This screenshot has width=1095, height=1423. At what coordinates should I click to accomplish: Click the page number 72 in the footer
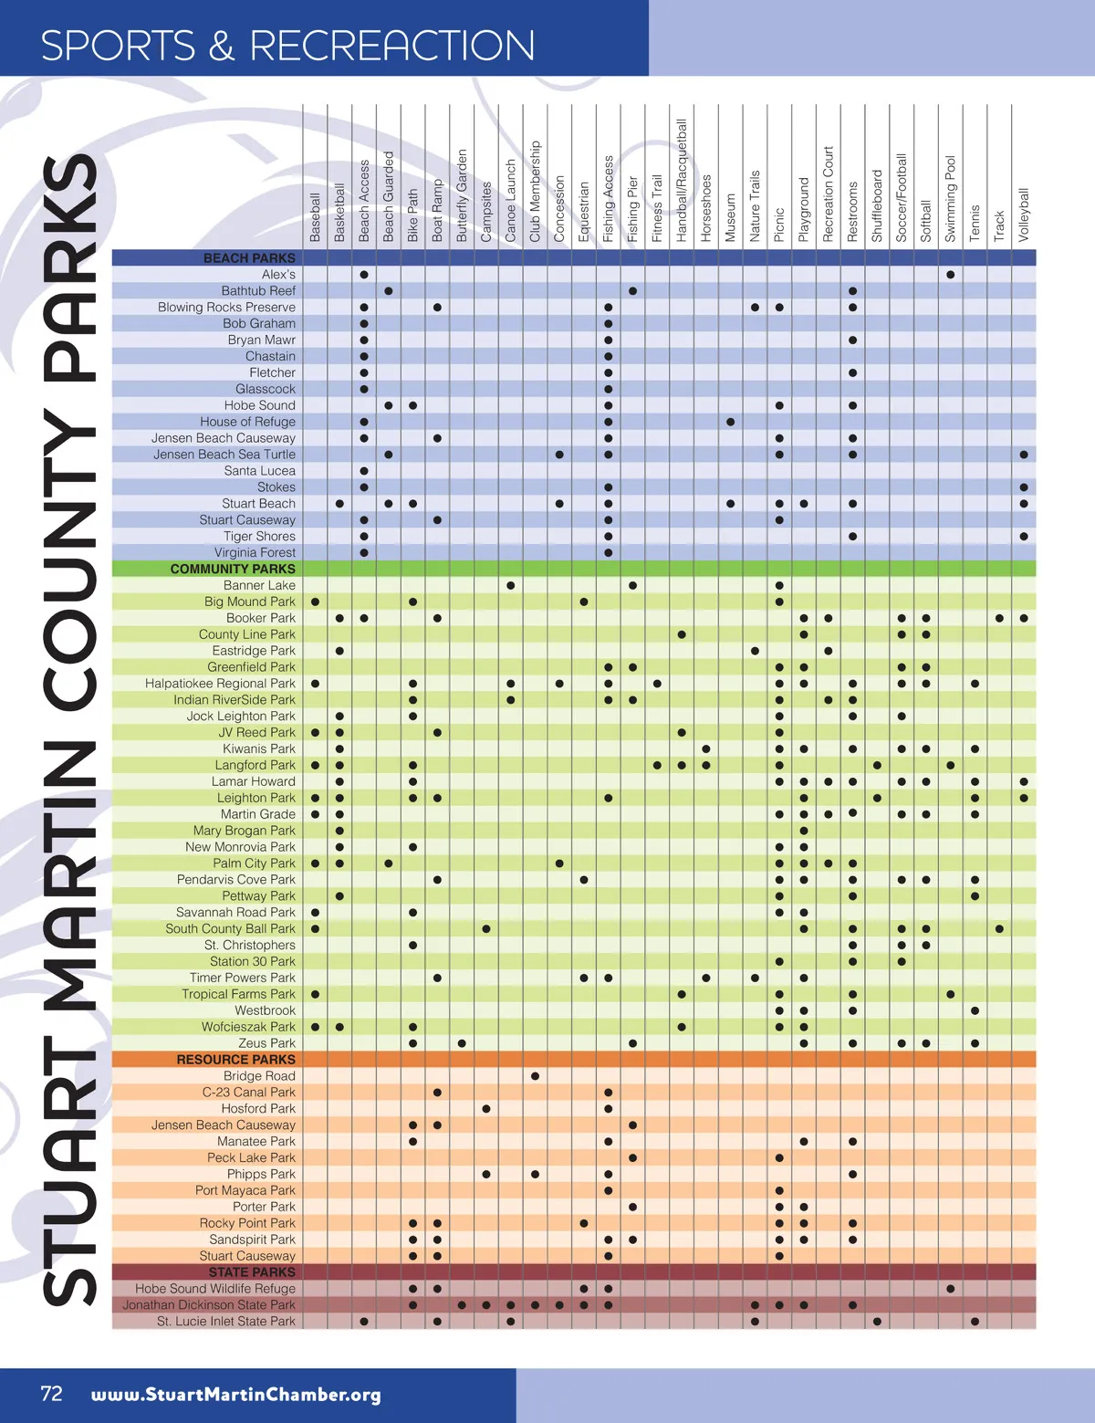52,1393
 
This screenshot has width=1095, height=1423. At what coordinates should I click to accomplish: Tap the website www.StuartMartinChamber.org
235,1395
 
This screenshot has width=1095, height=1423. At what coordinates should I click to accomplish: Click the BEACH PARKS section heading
249,258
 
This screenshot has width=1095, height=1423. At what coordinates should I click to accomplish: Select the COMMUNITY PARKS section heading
233,569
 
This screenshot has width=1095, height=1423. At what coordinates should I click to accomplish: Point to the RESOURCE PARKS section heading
235,1060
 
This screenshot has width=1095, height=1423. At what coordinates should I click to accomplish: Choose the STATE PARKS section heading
252,1272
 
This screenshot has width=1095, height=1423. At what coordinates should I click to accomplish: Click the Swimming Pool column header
951,198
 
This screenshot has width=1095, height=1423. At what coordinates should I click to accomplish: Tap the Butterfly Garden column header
462,194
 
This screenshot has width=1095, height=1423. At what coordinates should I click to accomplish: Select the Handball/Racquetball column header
682,180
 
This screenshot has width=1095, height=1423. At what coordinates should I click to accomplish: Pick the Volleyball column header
1024,214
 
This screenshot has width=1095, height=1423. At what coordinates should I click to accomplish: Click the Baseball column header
315,217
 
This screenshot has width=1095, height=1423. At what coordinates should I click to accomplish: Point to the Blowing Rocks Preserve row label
226,308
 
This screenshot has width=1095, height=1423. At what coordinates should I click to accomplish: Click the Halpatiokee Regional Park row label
220,684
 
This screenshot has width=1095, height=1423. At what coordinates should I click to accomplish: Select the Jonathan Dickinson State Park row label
209,1305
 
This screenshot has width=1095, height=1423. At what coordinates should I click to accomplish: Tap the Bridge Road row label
259,1076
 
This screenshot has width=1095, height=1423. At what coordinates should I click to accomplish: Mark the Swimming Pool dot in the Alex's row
951,275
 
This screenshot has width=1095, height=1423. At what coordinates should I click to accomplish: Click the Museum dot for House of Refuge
731,422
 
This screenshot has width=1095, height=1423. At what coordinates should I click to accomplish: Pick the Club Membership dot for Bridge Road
535,1076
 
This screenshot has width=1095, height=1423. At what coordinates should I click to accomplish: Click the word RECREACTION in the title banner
392,46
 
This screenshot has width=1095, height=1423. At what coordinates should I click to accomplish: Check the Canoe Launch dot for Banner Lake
511,585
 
